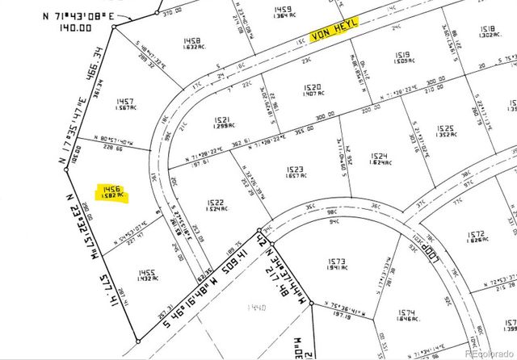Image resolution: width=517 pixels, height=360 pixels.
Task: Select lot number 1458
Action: click(x=191, y=40)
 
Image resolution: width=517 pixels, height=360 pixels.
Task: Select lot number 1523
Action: click(x=294, y=169)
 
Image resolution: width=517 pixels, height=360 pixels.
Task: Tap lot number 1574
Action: click(x=406, y=313)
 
